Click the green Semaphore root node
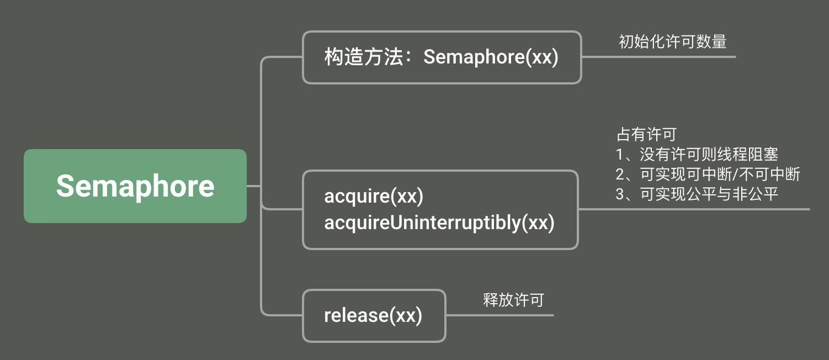pyautogui.click(x=135, y=186)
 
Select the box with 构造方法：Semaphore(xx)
pyautogui.click(x=442, y=57)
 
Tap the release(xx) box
pyautogui.click(x=374, y=315)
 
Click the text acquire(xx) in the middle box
pyautogui.click(x=374, y=196)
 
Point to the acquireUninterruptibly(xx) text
pyautogui.click(x=439, y=223)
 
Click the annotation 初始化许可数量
pyautogui.click(x=672, y=41)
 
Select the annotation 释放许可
pyautogui.click(x=513, y=300)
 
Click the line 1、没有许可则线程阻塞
pyautogui.click(x=697, y=155)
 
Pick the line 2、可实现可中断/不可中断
pyautogui.click(x=708, y=174)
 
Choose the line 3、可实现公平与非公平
pyautogui.click(x=697, y=194)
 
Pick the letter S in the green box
pyautogui.click(x=66, y=186)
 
